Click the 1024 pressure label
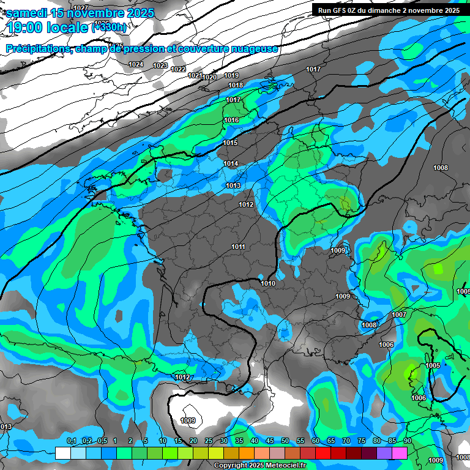click(136, 64)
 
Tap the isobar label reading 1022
click(178, 69)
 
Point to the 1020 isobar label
click(209, 77)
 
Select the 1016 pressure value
click(231, 121)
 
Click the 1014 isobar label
click(231, 163)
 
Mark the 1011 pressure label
click(239, 247)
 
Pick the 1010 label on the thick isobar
click(268, 283)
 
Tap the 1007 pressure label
click(399, 315)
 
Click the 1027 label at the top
click(80, 7)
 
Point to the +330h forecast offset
click(109, 27)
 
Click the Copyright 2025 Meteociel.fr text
click(259, 465)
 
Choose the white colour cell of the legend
click(62, 453)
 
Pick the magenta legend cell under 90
click(400, 453)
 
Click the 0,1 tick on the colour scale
click(71, 441)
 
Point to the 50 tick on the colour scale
click(285, 441)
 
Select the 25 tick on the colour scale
click(209, 441)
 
